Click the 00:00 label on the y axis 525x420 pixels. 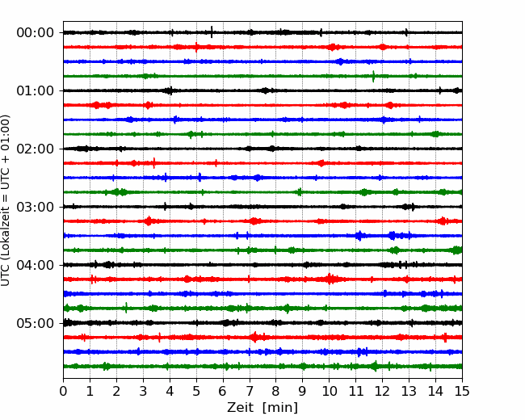tap(36, 33)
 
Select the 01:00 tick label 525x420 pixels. tap(36, 90)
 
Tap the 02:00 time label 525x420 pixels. tap(36, 149)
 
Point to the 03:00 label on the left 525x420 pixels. tap(36, 207)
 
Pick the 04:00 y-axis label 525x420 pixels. tap(36, 265)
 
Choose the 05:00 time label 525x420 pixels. tap(36, 323)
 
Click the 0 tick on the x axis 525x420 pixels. tap(63, 391)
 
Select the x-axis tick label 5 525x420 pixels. tap(196, 391)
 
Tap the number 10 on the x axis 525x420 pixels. tap(329, 391)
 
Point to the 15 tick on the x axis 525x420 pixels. tap(462, 391)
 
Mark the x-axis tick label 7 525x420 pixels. tap(250, 391)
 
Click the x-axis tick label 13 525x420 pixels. tap(409, 391)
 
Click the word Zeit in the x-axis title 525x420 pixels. tap(240, 407)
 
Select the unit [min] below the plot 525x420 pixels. tap(280, 408)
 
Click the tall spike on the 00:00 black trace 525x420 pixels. tap(212, 32)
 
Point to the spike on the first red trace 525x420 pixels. tap(196, 47)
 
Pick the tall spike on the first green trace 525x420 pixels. tap(373, 76)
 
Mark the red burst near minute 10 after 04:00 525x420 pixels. tap(330, 279)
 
